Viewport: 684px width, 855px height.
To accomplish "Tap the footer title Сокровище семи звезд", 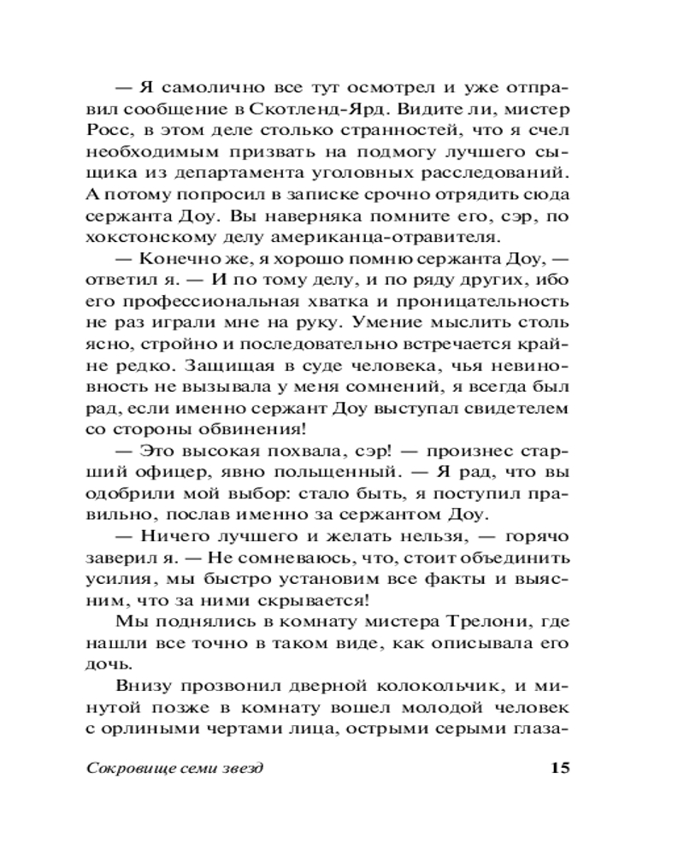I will (175, 767).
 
